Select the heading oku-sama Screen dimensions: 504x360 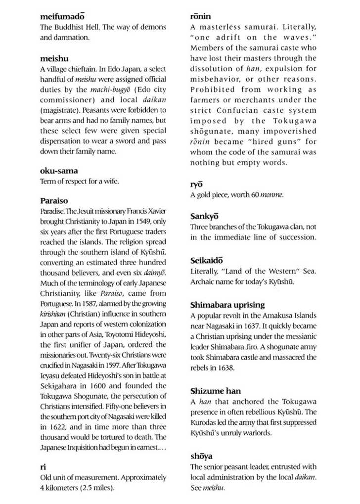click(59, 171)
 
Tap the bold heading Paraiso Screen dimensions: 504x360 click(54, 201)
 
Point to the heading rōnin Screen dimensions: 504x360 click(200, 17)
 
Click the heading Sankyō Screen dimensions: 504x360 click(204, 216)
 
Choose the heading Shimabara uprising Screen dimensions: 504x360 click(227, 305)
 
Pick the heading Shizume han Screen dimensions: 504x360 click(216, 391)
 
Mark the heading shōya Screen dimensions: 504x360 click(201, 456)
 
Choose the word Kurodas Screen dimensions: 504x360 click(204, 423)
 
